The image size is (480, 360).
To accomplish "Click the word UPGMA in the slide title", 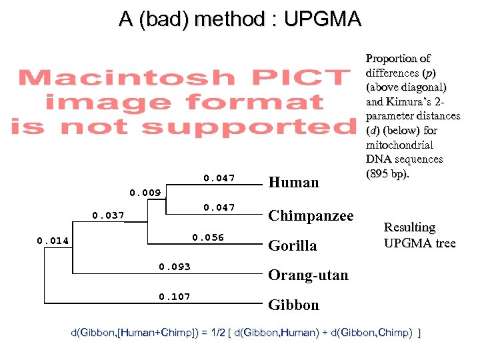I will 322,19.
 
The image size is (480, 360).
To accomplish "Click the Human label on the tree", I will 293,183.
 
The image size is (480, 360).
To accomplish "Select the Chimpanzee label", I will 311,215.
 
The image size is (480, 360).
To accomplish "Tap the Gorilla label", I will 293,246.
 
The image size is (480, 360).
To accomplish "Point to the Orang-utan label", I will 308,275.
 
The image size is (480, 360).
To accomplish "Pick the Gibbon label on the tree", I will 293,305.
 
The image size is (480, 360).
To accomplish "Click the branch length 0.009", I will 145,193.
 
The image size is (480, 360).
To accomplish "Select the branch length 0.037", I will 107,215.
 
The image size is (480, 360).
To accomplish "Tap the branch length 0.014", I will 52,240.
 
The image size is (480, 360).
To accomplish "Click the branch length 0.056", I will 208,237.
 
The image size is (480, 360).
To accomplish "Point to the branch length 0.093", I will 175,267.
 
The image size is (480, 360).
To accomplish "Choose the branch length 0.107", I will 175,297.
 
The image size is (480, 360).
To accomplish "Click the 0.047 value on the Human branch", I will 219,178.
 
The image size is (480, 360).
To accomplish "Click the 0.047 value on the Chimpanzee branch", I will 219,207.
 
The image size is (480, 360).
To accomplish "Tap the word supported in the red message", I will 247,125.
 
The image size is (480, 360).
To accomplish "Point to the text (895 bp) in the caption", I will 389,174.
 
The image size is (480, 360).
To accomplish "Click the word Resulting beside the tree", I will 409,227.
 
